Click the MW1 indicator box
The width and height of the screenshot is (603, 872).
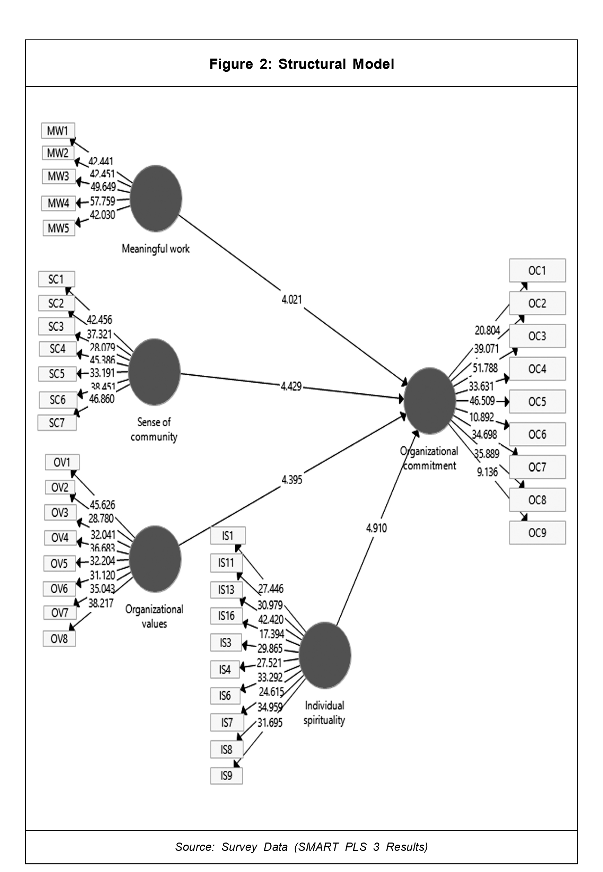click(58, 131)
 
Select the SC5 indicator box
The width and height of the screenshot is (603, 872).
click(57, 374)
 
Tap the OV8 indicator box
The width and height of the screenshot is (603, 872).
click(59, 638)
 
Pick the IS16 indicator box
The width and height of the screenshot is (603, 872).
click(226, 616)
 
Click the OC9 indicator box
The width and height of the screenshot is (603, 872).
click(537, 532)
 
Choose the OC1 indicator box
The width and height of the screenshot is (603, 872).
click(537, 271)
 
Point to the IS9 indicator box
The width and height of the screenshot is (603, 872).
click(226, 776)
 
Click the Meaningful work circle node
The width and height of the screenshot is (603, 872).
click(156, 198)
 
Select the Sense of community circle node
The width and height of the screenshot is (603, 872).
click(154, 372)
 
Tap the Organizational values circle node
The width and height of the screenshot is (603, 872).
click(155, 559)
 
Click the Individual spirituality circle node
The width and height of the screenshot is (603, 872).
click(325, 655)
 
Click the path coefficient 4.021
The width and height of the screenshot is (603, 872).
click(292, 299)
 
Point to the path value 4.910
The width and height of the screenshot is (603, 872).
click(376, 528)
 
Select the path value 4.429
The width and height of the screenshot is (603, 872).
click(291, 386)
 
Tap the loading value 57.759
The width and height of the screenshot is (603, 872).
click(102, 201)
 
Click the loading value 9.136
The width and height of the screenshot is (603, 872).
click(487, 472)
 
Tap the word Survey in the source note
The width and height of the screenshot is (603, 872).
click(239, 847)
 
